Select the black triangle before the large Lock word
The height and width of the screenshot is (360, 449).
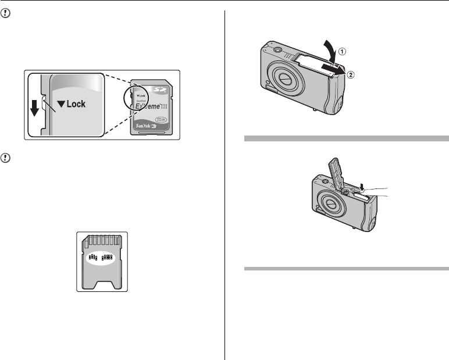[x=62, y=105]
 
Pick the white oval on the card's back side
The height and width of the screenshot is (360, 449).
[x=102, y=258]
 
